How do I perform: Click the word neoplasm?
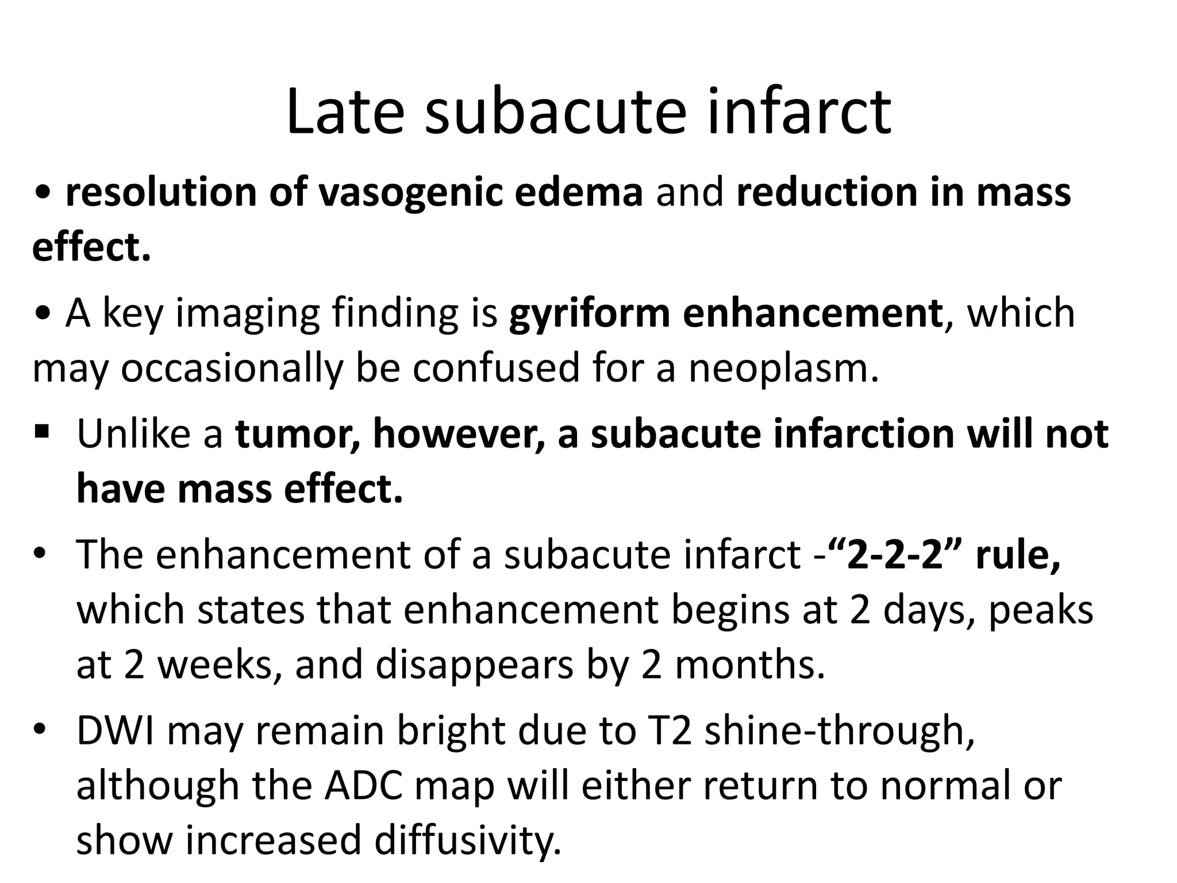[784, 368]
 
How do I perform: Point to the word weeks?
[216, 665]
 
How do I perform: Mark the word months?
[749, 665]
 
